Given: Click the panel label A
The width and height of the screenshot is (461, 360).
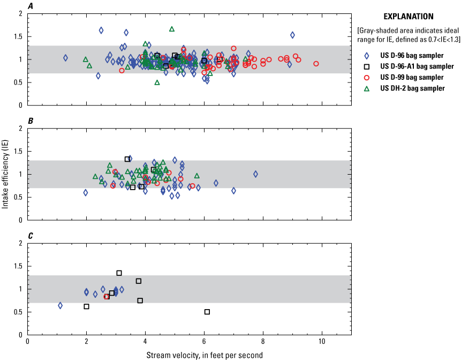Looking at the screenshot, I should tap(31, 6).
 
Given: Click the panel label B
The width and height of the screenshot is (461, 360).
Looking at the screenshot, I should tap(31, 121).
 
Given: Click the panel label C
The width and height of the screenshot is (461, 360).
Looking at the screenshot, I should tap(31, 236).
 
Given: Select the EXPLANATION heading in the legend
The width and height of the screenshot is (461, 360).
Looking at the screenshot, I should tap(412, 17).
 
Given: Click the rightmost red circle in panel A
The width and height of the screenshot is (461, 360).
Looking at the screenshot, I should tap(316, 64).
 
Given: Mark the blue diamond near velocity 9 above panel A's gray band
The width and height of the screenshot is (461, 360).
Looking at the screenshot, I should tap(292, 35).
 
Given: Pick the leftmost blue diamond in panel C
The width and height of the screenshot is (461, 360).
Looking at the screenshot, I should tap(60, 305).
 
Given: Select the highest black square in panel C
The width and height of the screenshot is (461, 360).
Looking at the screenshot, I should tap(119, 273).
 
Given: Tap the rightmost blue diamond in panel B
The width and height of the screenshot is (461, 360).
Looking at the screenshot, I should tap(255, 174).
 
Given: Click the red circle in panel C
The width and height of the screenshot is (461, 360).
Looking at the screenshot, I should tap(107, 296).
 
